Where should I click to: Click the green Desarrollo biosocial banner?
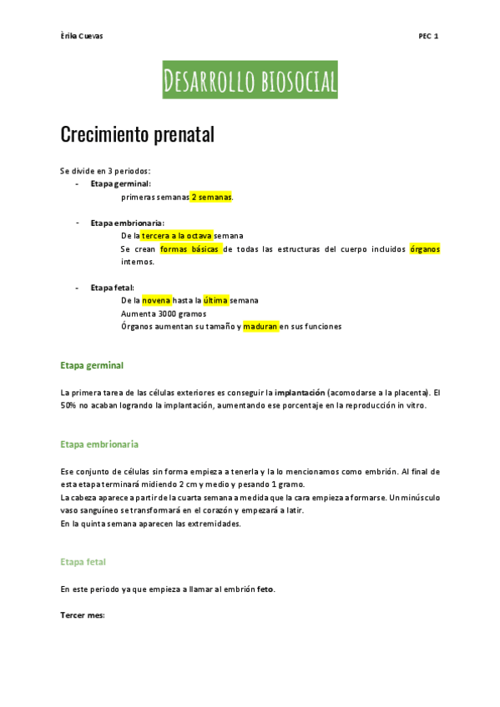coord(250,80)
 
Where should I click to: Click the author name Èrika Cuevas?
coord(82,36)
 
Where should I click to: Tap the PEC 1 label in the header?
coord(429,36)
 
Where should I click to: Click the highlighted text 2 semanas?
coord(211,197)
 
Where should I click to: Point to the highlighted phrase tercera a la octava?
coord(177,236)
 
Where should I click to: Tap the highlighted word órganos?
coord(424,249)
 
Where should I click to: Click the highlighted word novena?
coord(156,300)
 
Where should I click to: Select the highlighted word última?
coord(215,300)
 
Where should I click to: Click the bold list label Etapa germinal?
coord(121,183)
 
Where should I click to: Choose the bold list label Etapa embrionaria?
coord(128,223)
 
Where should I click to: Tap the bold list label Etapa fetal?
coord(113,288)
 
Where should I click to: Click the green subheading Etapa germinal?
coord(92,365)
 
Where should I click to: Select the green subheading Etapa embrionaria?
coord(99,444)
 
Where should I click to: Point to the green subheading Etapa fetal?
coord(83,562)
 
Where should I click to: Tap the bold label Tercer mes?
coord(82,615)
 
